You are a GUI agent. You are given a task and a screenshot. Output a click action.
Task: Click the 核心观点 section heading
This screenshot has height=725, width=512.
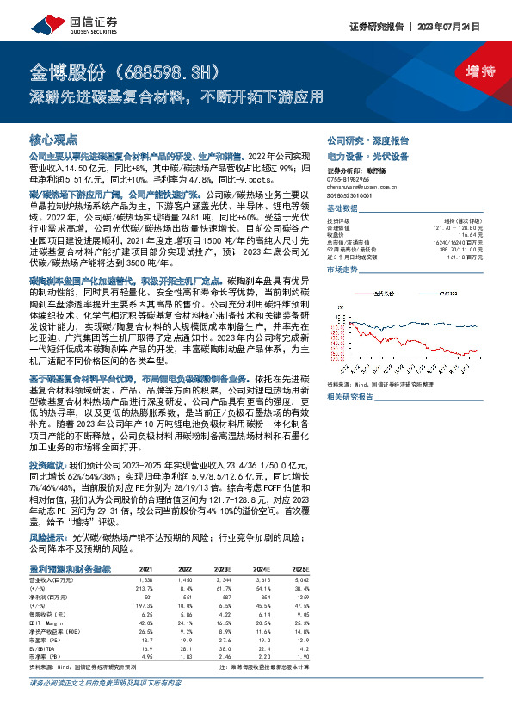click(x=53, y=139)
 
